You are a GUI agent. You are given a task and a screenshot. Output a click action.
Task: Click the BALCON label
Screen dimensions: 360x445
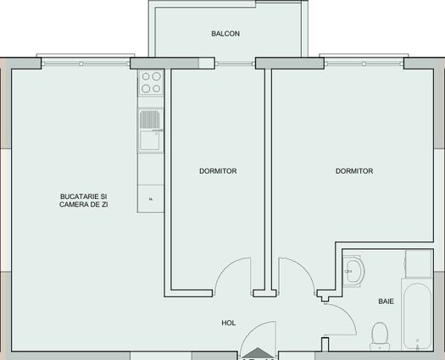225,34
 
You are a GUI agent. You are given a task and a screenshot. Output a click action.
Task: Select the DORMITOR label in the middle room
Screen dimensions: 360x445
218,171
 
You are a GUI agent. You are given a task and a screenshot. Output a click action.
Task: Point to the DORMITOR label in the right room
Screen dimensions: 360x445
354,171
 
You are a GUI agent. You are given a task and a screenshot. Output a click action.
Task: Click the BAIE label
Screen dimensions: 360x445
386,301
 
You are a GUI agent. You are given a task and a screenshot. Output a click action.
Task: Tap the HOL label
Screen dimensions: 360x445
228,323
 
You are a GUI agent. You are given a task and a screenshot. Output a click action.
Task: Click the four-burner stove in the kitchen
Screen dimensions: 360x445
151,83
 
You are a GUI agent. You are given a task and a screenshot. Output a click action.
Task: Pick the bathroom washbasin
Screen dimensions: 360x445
353,272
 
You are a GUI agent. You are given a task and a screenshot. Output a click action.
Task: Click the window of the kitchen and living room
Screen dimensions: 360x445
85,62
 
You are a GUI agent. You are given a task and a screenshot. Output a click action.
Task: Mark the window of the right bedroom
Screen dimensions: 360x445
363,62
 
